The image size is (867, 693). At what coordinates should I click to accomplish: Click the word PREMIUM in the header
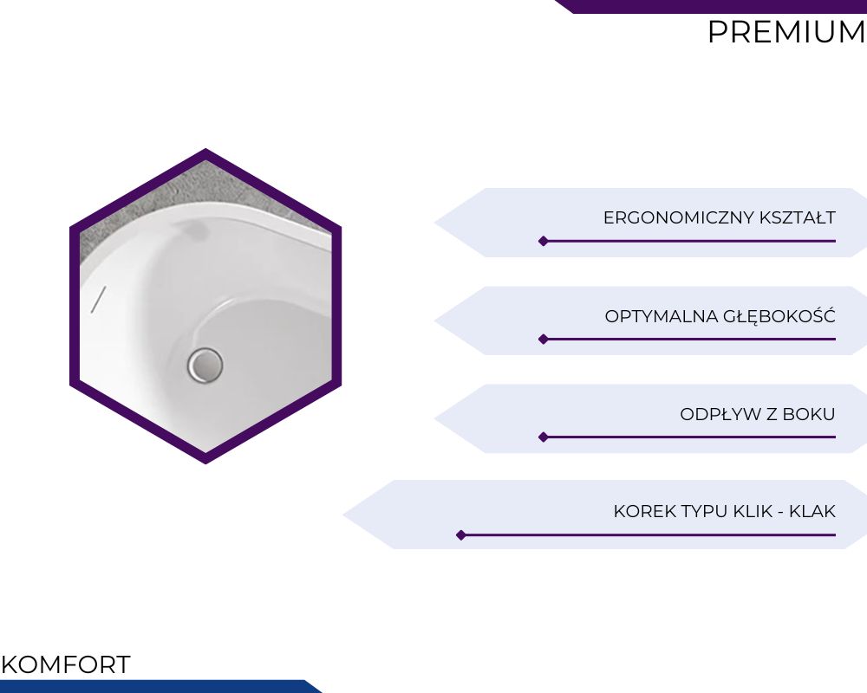(x=786, y=31)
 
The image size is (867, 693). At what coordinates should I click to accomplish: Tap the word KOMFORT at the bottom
(x=66, y=664)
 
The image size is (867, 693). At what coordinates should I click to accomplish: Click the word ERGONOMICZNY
(x=679, y=217)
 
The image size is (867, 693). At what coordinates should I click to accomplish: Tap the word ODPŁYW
(x=718, y=414)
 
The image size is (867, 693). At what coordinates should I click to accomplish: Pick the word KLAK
(x=812, y=511)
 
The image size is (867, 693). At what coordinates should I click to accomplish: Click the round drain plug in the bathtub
(x=205, y=366)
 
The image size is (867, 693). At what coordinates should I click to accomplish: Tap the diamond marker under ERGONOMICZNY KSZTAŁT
(x=544, y=241)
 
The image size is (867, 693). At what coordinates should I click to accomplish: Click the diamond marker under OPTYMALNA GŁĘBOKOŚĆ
(x=544, y=340)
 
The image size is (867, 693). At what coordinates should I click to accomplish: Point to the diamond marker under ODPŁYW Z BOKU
(x=544, y=437)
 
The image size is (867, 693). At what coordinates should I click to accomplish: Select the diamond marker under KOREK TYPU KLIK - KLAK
(x=461, y=535)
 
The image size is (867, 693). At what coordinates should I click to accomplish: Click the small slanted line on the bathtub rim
(x=99, y=300)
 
